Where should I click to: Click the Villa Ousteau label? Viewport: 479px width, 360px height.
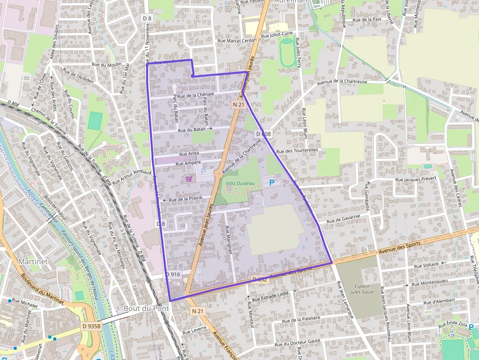pyautogui.click(x=240, y=183)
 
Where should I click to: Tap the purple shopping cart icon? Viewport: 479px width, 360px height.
pyautogui.click(x=189, y=179)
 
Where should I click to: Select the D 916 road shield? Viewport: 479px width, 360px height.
pyautogui.click(x=173, y=275)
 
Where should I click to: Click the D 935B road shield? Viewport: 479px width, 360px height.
pyautogui.click(x=91, y=326)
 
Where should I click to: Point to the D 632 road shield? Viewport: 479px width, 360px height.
pyautogui.click(x=259, y=279)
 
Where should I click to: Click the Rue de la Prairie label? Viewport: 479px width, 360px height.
pyautogui.click(x=186, y=198)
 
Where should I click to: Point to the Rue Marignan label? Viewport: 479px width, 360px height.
pyautogui.click(x=228, y=239)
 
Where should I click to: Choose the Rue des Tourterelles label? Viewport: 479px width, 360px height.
pyautogui.click(x=297, y=150)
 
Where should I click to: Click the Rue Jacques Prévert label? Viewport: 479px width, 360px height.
pyautogui.click(x=415, y=179)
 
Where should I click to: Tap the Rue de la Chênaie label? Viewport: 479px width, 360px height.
pyautogui.click(x=196, y=95)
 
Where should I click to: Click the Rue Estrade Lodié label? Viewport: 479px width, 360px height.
pyautogui.click(x=271, y=295)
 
